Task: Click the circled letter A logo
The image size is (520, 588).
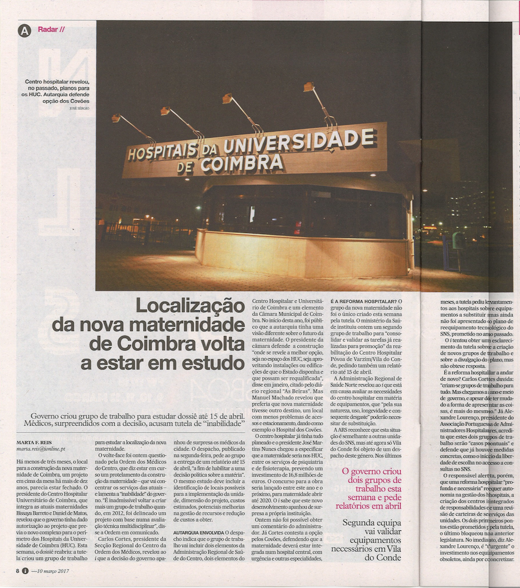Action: pos(24,31)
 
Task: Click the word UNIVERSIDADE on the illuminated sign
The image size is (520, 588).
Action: pos(299,142)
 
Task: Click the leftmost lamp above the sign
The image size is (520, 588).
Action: pos(116,118)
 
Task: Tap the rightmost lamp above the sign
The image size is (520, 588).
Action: pos(309,87)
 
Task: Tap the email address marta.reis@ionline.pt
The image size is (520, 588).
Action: pos(41,449)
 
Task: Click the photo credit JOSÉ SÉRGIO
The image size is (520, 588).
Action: pos(79,108)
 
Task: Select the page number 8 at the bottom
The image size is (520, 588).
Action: pos(18,572)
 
